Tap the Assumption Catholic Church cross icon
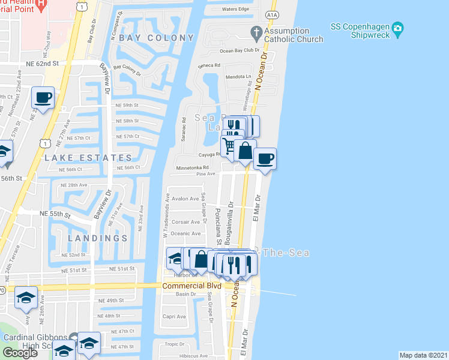[256, 31]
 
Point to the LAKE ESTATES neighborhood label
[88, 158]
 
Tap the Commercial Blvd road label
[192, 286]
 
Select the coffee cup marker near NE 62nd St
[43, 97]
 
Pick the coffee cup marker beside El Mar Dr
[265, 158]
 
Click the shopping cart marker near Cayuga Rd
[229, 145]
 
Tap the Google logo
[20, 353]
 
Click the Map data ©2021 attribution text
[423, 355]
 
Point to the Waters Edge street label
[235, 9]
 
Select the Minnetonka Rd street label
[192, 168]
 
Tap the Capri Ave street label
[174, 317]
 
